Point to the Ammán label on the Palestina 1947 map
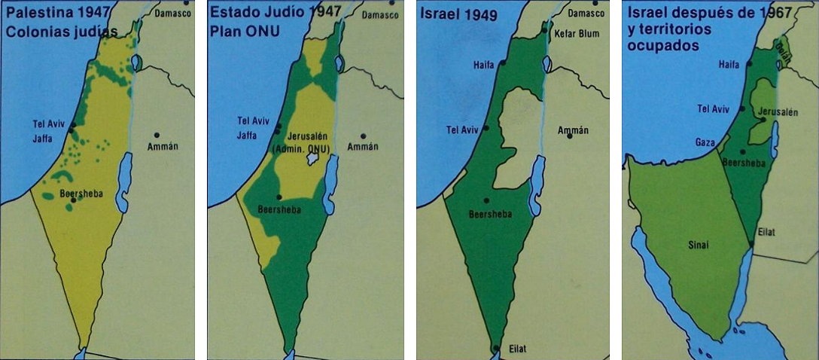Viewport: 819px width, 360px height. point(162,146)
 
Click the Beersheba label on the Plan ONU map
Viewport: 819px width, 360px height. point(279,210)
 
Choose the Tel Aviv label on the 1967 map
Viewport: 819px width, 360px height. point(714,108)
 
